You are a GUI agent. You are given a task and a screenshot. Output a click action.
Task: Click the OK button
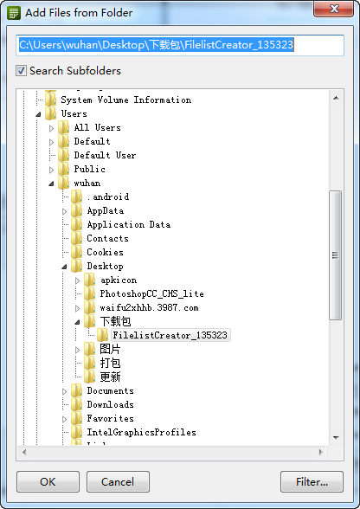coord(48,481)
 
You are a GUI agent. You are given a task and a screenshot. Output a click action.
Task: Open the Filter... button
coord(312,481)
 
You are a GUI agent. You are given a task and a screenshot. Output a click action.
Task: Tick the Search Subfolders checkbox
coord(21,71)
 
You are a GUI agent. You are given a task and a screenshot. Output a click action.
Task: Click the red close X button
coord(334,9)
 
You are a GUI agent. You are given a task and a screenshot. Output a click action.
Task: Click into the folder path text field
coord(180,45)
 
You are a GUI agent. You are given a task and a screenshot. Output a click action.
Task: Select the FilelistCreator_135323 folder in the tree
coord(170,335)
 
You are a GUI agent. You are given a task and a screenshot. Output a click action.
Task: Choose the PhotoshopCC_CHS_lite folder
coord(152,293)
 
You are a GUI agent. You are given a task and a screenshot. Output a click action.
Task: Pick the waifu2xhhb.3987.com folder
coord(149,308)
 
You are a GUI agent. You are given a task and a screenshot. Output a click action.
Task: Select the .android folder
coord(108,197)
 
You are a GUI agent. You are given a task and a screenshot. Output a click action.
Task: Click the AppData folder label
coord(106,210)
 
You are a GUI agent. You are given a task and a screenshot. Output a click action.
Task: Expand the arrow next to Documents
coord(65,391)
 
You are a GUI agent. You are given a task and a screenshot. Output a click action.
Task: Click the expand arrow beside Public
coord(52,170)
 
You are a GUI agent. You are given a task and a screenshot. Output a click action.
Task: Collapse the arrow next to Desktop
coord(64,267)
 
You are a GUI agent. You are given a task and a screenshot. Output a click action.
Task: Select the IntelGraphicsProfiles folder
coord(141,432)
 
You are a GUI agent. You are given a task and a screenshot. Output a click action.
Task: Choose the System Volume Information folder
coord(126,100)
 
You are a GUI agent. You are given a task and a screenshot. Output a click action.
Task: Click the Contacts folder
coord(107,238)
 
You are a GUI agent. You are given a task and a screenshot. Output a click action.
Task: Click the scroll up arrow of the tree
coord(336,98)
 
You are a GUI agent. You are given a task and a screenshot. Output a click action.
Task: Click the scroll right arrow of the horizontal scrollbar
coord(321,452)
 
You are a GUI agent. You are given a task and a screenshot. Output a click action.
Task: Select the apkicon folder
coord(119,280)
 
